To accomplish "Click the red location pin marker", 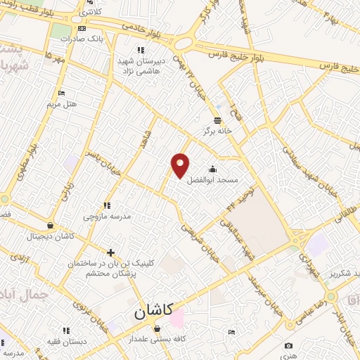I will pyautogui.click(x=181, y=165).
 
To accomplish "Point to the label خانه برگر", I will pyautogui.click(x=218, y=130).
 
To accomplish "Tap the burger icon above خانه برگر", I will pyautogui.click(x=217, y=119).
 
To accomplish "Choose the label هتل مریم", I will pyautogui.click(x=61, y=104).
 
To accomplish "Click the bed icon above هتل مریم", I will pyautogui.click(x=61, y=94).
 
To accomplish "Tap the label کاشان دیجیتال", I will pyautogui.click(x=51, y=236).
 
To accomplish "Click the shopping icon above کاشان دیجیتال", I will pyautogui.click(x=50, y=226).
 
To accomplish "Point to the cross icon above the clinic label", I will pyautogui.click(x=110, y=252).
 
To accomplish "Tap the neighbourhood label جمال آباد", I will pyautogui.click(x=24, y=292).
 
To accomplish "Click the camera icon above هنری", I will pyautogui.click(x=288, y=345).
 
